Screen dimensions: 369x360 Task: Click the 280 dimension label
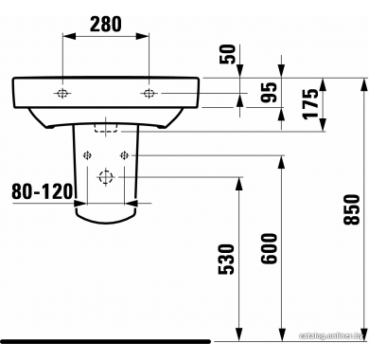pyautogui.click(x=105, y=25)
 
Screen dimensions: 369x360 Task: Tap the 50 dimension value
pyautogui.click(x=228, y=54)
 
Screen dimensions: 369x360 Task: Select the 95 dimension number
pyautogui.click(x=269, y=92)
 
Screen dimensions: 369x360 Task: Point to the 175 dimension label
pyautogui.click(x=310, y=103)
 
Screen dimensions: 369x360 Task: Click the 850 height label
pyautogui.click(x=352, y=209)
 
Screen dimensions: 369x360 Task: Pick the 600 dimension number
pyautogui.click(x=269, y=248)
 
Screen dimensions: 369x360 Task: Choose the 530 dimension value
pyautogui.click(x=227, y=259)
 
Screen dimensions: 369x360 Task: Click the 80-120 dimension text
pyautogui.click(x=43, y=191)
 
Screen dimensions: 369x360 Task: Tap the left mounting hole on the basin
pyautogui.click(x=62, y=93)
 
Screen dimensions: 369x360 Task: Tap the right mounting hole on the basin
pyautogui.click(x=149, y=93)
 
